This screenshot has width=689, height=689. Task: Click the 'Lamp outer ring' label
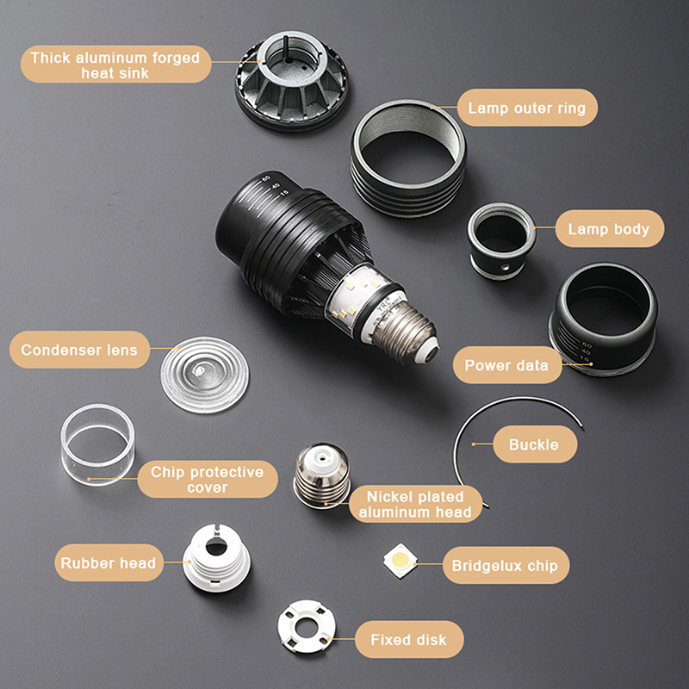point(527,108)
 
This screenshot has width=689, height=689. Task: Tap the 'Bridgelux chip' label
point(506,565)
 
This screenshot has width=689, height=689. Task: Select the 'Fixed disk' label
point(408,639)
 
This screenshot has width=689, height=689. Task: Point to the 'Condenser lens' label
point(79,350)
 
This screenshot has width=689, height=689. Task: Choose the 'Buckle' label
point(534,444)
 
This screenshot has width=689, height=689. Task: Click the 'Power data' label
point(507,365)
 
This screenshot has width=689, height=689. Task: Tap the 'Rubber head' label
point(109,563)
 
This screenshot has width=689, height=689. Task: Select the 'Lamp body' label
point(609,228)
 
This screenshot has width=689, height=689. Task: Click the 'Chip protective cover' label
point(208,479)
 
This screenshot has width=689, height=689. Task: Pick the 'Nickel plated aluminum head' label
point(415,504)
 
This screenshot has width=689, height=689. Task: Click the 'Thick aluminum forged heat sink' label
point(115,65)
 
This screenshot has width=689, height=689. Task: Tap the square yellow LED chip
point(400,561)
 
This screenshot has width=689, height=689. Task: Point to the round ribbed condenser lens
point(205,375)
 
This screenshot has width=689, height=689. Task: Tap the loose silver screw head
point(322,476)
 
